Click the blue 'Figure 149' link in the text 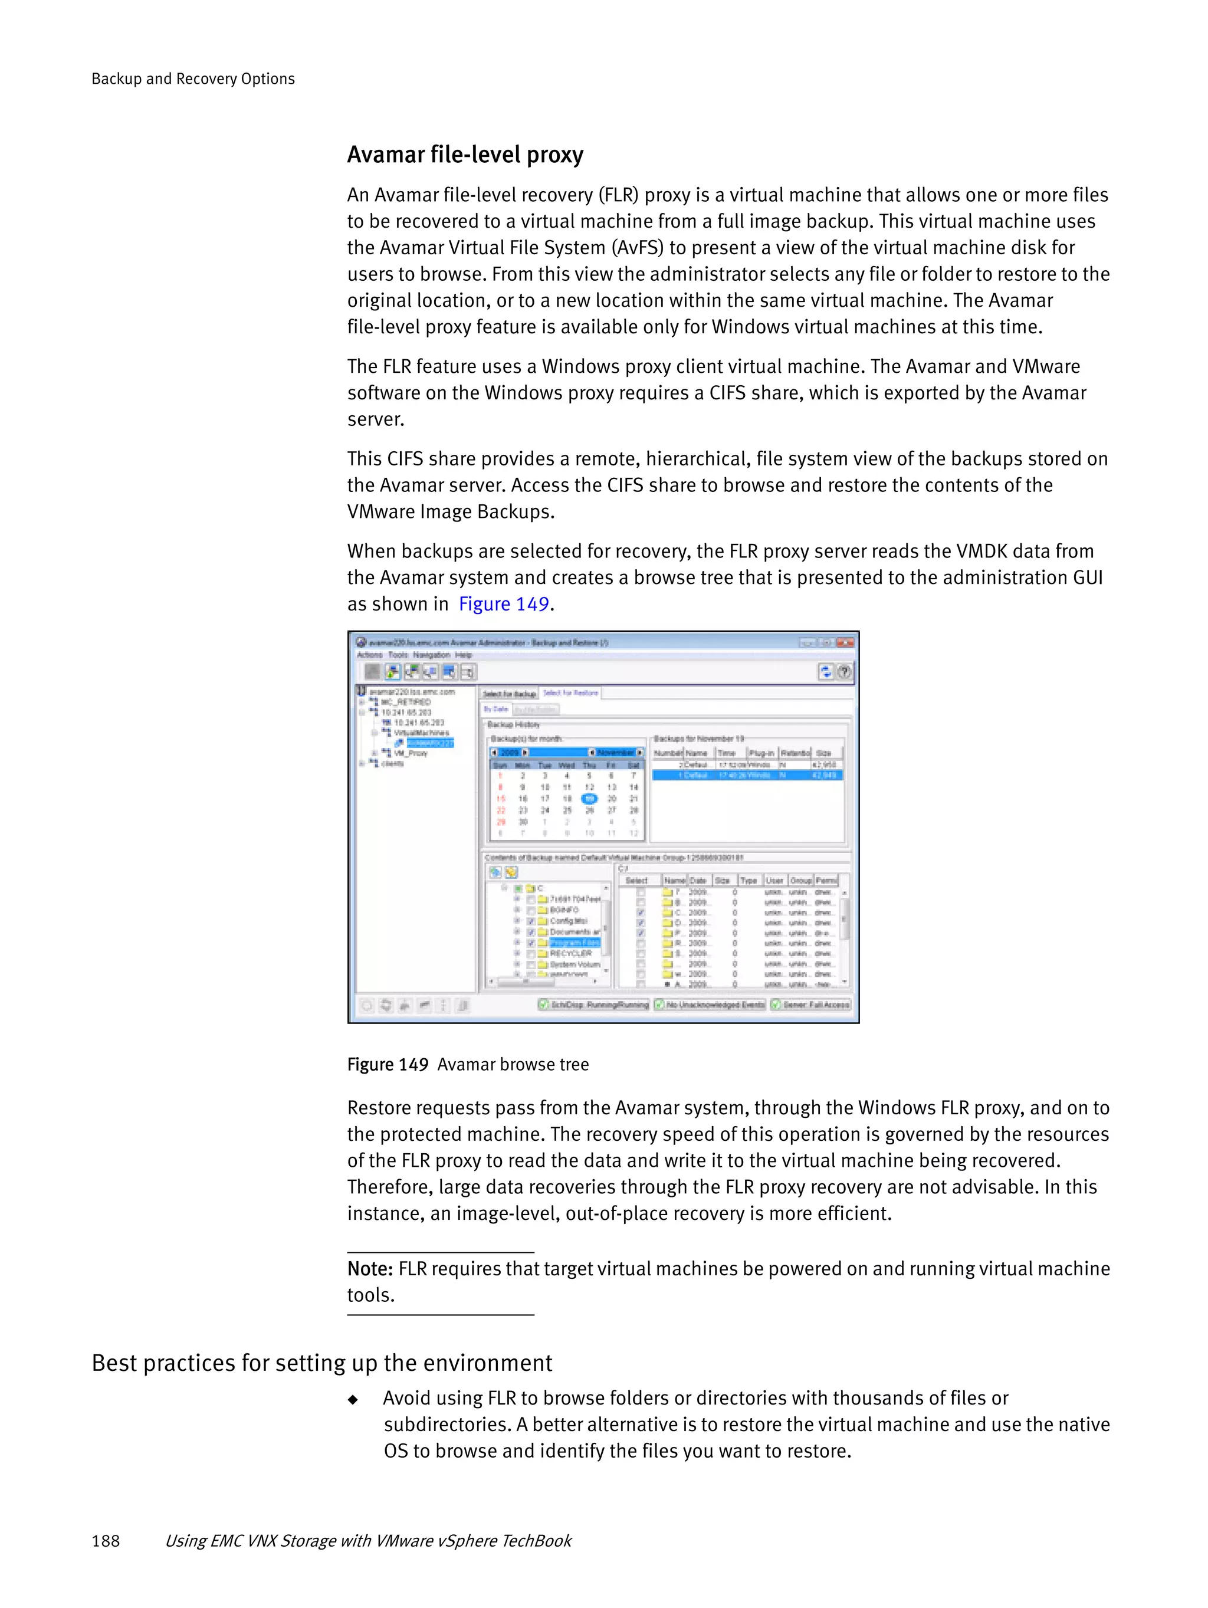coord(503,604)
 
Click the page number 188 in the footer coord(106,1540)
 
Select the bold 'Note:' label coord(370,1268)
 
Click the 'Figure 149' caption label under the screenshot coord(388,1064)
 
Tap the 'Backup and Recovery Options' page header coord(193,78)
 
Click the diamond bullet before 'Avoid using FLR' coord(353,1399)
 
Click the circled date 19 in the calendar coord(589,799)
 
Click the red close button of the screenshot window coord(845,642)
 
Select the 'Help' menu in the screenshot coord(464,655)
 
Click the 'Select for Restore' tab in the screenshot coord(570,693)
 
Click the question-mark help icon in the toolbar coord(844,672)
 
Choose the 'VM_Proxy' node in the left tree coord(411,754)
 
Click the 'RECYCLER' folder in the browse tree coord(570,953)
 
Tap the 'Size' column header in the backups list coord(823,753)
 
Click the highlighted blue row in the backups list coord(747,776)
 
